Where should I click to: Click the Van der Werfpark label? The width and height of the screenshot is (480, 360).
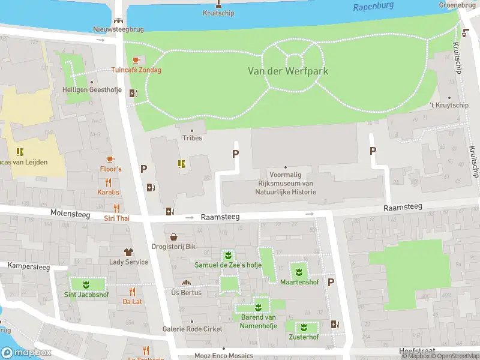(x=288, y=71)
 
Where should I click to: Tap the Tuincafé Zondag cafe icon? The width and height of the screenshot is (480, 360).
(x=136, y=60)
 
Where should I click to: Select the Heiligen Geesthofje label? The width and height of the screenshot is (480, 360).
(x=92, y=90)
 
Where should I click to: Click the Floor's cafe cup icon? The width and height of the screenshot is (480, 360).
(x=110, y=159)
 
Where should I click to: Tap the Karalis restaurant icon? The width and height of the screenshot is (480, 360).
(x=109, y=182)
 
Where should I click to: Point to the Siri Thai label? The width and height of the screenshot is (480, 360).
(x=116, y=218)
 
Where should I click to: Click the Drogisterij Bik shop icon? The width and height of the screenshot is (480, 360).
(x=174, y=237)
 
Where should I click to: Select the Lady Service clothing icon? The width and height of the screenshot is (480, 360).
(x=128, y=252)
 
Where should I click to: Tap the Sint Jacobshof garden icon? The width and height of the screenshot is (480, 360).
(x=86, y=284)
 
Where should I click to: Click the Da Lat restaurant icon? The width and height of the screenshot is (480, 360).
(x=132, y=292)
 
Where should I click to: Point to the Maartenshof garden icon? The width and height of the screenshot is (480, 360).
(x=299, y=271)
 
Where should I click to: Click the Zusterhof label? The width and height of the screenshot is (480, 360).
(x=302, y=337)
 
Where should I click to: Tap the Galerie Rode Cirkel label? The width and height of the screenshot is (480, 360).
(x=192, y=329)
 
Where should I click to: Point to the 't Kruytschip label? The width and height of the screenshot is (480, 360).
(x=449, y=106)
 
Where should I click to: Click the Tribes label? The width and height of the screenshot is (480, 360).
(x=192, y=138)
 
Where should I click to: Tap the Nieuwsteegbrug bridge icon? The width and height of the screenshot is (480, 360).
(x=118, y=20)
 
